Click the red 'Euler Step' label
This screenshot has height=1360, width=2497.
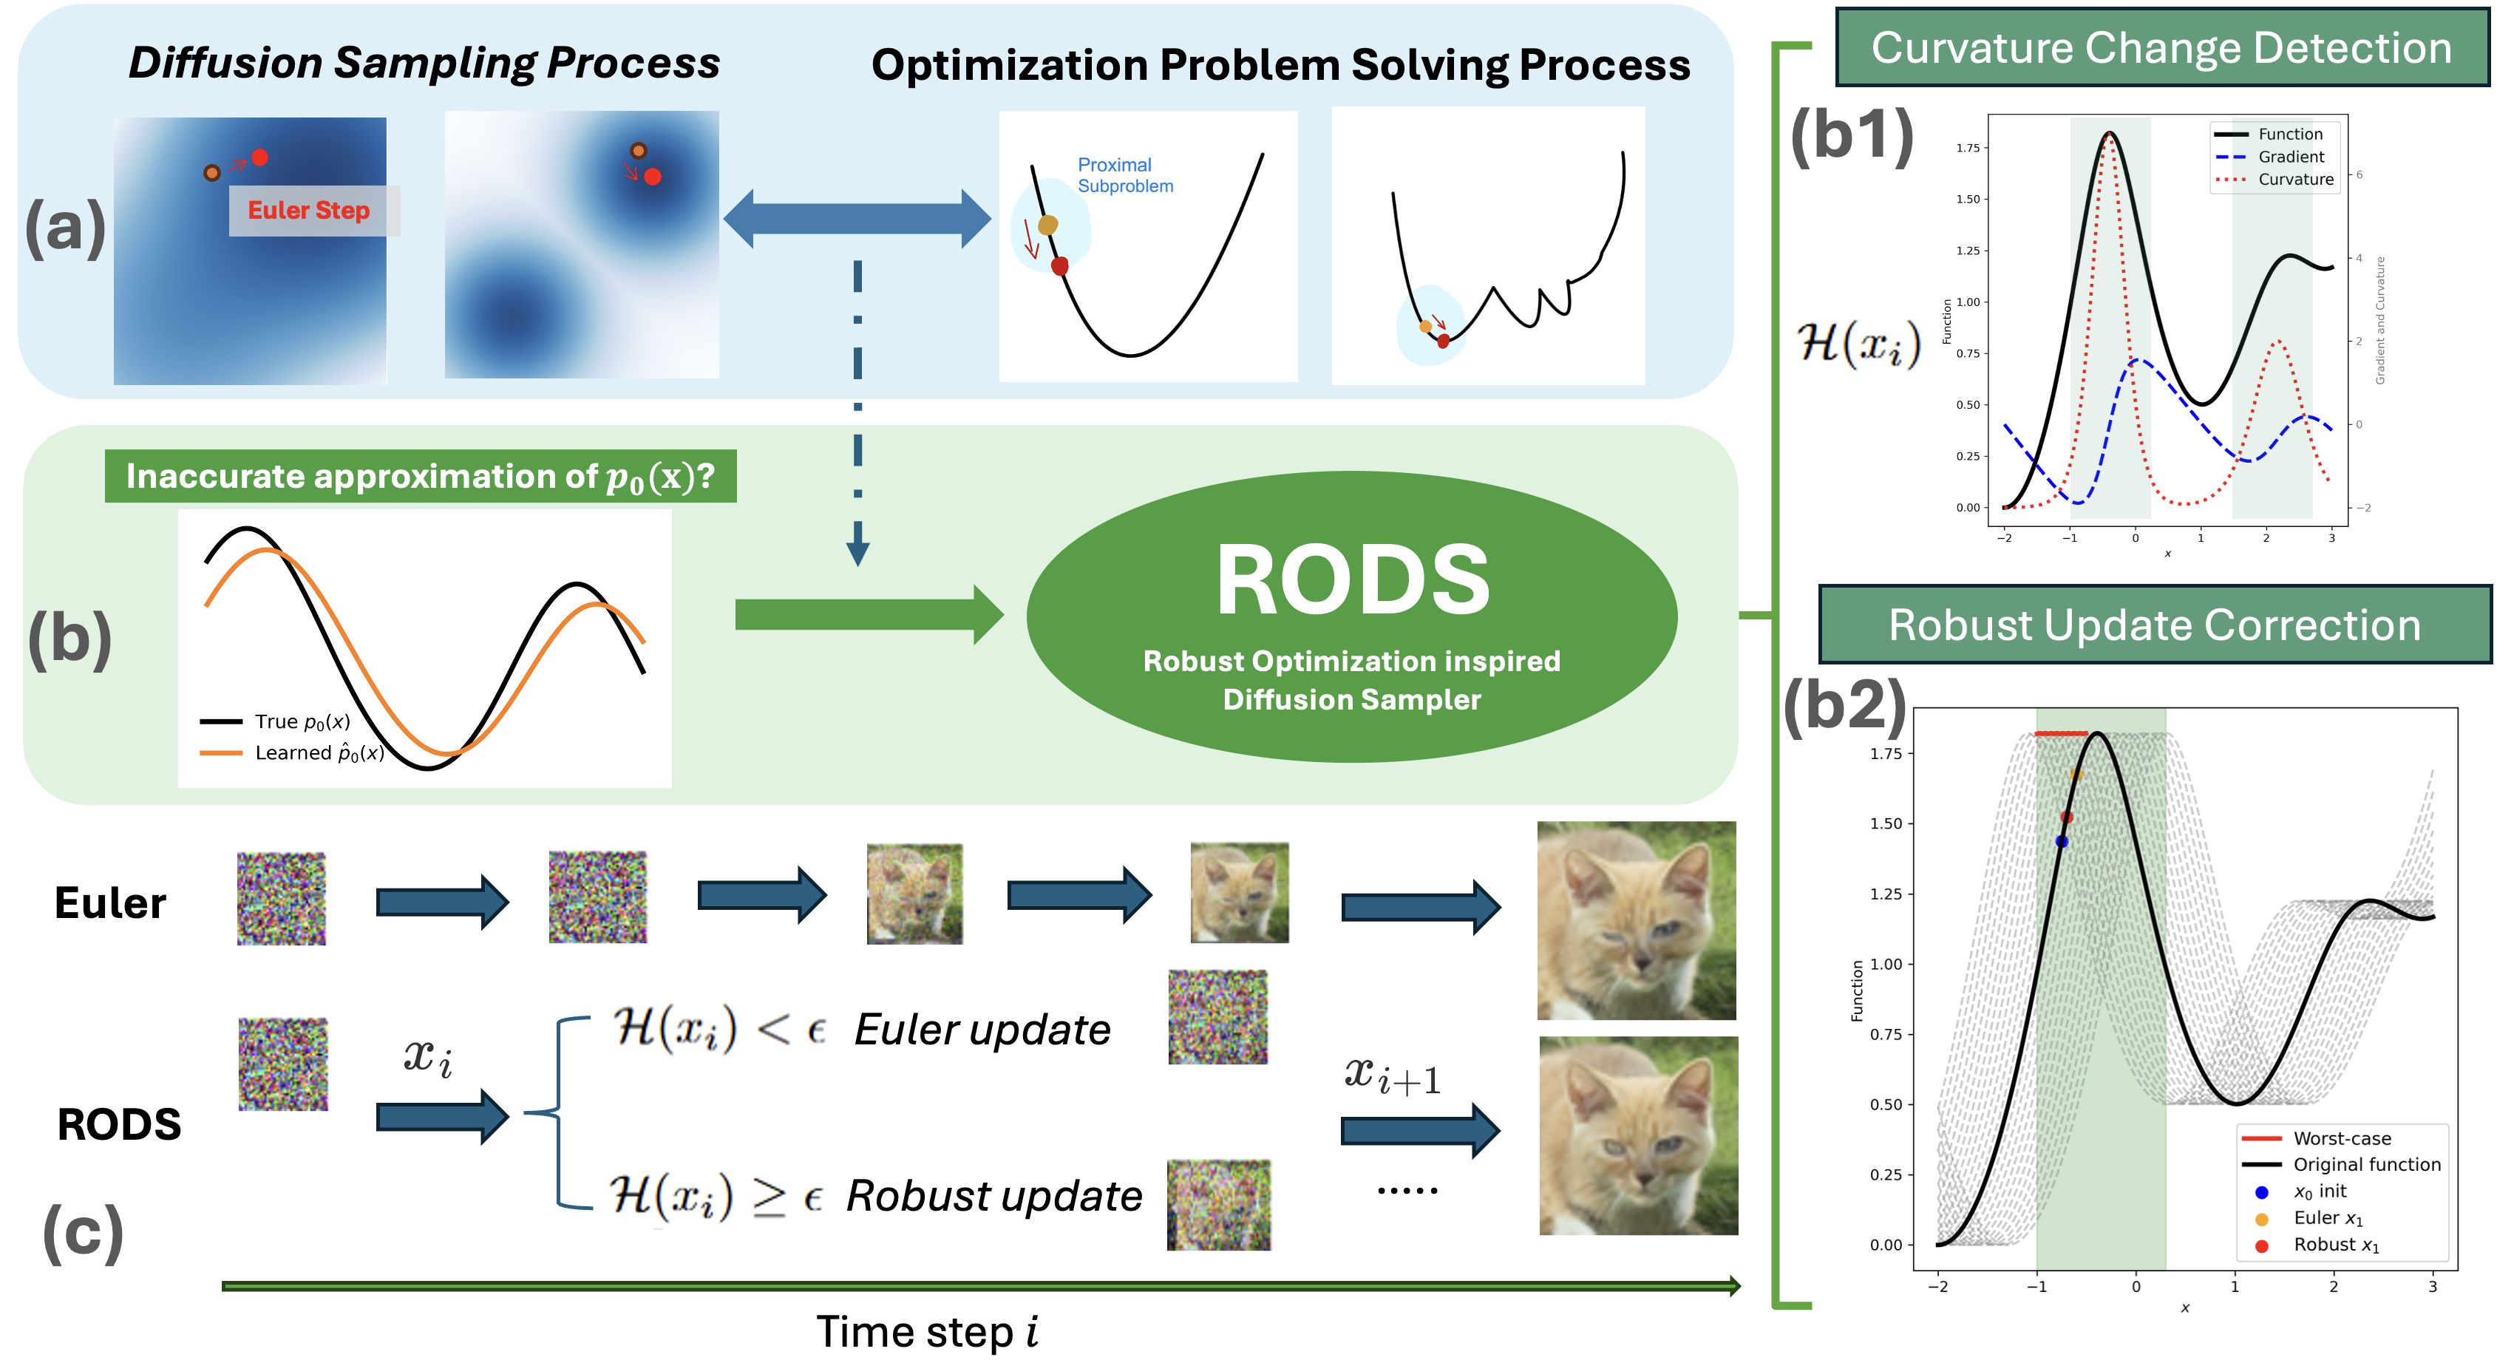coord(308,211)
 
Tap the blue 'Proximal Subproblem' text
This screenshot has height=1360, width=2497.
coord(1124,175)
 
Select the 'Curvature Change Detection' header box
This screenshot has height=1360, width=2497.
coord(2161,47)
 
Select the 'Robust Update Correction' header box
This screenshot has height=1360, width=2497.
coord(2154,625)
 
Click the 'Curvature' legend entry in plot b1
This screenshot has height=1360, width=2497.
coord(2294,180)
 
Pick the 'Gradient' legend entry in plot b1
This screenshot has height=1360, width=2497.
coord(2289,157)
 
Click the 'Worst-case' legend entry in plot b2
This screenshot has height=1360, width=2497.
coord(2341,1138)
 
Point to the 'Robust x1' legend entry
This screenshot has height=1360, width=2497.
coord(2335,1245)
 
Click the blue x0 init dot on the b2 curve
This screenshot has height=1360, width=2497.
coord(2062,841)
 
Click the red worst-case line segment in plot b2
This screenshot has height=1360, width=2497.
coord(2061,734)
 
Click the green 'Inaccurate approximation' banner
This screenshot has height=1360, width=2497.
coord(420,476)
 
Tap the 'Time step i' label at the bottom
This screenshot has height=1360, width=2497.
coord(925,1332)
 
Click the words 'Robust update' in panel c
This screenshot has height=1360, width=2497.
coord(993,1196)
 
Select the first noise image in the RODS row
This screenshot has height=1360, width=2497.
coord(283,1064)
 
